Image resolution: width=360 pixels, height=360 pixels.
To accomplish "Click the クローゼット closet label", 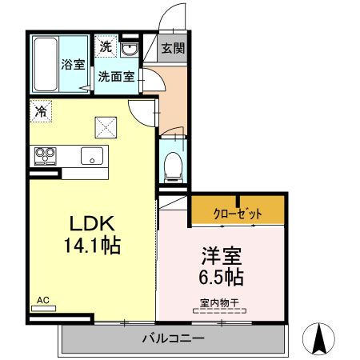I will pos(238,214).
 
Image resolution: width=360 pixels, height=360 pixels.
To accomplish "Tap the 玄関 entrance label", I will pos(171,47).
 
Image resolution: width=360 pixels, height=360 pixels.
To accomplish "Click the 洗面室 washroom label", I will pos(116,77).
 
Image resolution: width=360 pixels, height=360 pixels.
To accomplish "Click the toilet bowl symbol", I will pos(173,167).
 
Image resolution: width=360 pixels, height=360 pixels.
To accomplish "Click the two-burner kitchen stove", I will pos(43,155).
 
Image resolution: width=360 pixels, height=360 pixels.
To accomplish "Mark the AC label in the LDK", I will pos(43,301).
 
